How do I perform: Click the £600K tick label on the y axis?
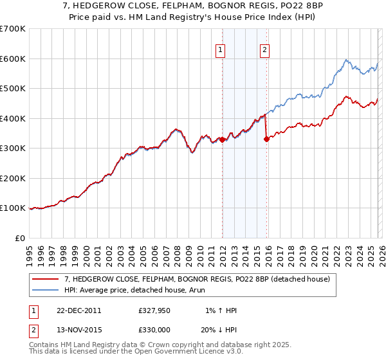(x=12, y=59)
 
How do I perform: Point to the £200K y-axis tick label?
(x=12, y=178)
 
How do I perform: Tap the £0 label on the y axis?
(x=19, y=238)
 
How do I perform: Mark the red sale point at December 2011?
(x=222, y=139)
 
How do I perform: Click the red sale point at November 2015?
(x=266, y=139)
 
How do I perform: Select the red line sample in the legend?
(x=46, y=279)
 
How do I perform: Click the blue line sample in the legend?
(x=46, y=291)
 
